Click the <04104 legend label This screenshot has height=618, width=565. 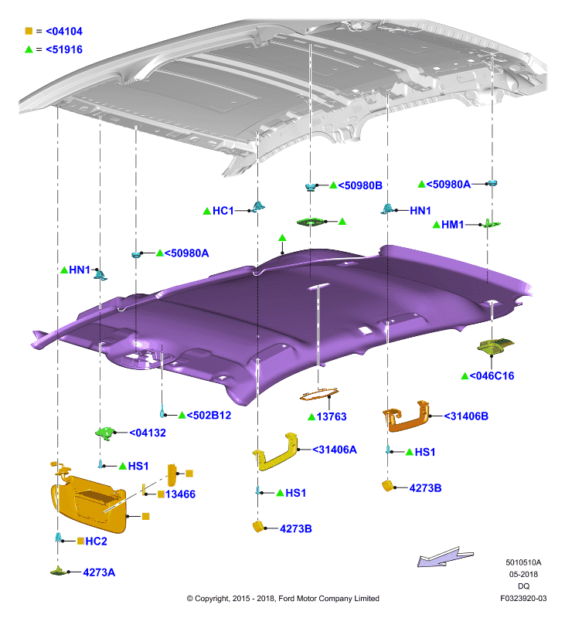pyautogui.click(x=64, y=31)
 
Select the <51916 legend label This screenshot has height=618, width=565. pyautogui.click(x=64, y=49)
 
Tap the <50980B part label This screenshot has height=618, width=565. pyautogui.click(x=360, y=185)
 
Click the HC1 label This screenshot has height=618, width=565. pyautogui.click(x=223, y=211)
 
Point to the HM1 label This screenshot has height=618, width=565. pyautogui.click(x=453, y=225)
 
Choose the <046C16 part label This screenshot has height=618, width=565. pyautogui.click(x=492, y=376)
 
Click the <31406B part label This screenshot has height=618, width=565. pyautogui.click(x=466, y=416)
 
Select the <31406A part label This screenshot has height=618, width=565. pyautogui.click(x=335, y=450)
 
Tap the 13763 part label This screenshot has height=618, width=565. pyautogui.click(x=332, y=416)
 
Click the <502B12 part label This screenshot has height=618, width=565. pyautogui.click(x=209, y=416)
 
